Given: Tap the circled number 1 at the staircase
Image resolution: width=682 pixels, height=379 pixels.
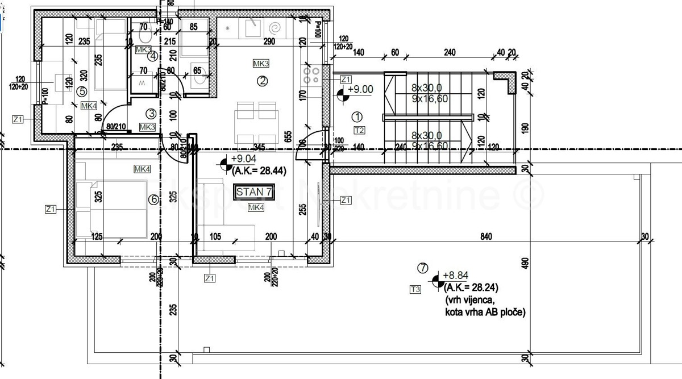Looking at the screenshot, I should (357, 117).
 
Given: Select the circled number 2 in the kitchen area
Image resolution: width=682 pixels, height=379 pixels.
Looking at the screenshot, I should (262, 81).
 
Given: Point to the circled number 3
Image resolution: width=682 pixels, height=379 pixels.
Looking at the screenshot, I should (151, 114).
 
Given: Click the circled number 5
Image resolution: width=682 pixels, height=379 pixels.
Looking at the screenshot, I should (81, 91).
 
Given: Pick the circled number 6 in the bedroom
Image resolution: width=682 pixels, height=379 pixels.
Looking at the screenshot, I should (152, 199).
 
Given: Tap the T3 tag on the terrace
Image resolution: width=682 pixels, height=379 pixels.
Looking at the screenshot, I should (415, 290).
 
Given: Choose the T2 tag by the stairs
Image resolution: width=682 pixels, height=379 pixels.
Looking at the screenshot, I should (359, 130).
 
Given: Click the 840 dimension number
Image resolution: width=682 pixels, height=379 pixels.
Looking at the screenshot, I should (485, 236).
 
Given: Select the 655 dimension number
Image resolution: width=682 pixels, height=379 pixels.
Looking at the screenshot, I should (289, 136).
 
